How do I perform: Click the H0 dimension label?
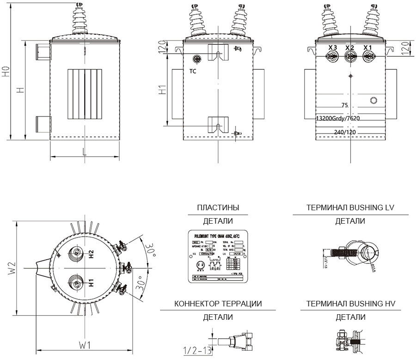[x=6, y=72]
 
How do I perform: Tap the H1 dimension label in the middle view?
[x=162, y=91]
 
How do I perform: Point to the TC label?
[x=193, y=72]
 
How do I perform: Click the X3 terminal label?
[x=332, y=48]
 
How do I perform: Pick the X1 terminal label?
[x=368, y=48]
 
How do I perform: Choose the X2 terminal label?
[x=350, y=48]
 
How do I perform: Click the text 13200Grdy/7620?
[x=337, y=118]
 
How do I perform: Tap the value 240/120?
[x=345, y=132]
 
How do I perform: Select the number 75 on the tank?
[x=344, y=105]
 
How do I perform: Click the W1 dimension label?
[x=84, y=345]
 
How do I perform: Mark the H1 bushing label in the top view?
[x=92, y=281]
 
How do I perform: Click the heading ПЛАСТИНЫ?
[x=218, y=207]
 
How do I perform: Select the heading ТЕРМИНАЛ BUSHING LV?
[x=350, y=207]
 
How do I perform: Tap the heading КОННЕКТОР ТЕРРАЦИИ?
[x=218, y=304]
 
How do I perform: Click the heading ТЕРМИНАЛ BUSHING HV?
[x=350, y=304]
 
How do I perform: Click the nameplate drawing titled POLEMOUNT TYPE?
[x=218, y=256]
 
